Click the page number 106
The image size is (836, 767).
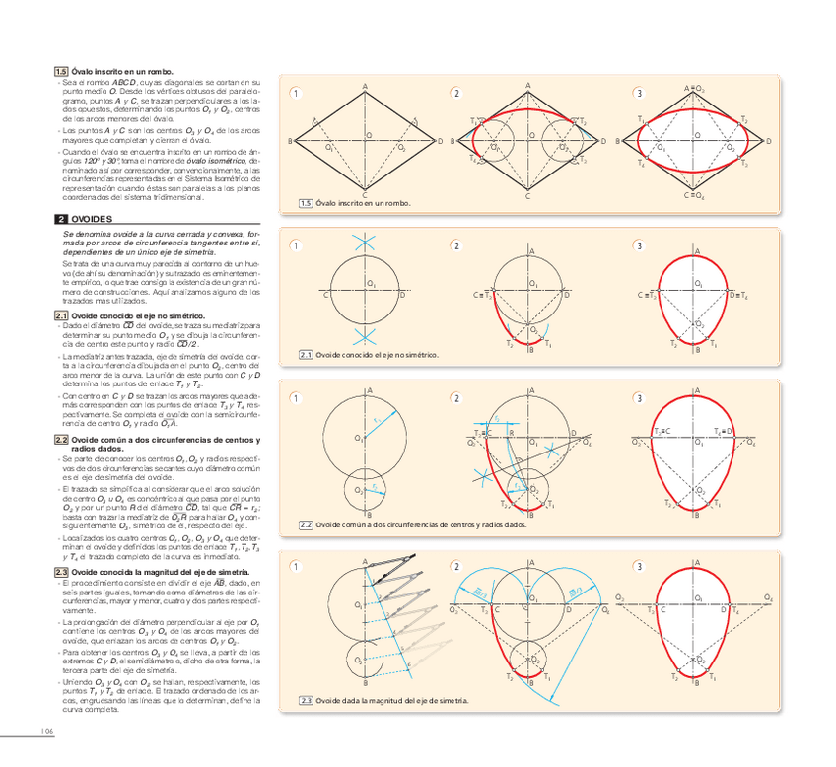[46, 731]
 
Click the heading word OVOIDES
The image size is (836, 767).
[92, 218]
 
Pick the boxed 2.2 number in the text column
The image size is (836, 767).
[60, 440]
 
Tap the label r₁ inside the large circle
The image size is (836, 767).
[376, 421]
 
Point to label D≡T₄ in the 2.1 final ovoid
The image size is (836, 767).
[738, 295]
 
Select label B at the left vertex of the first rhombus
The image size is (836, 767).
[291, 143]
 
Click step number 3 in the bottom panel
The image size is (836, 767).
[640, 566]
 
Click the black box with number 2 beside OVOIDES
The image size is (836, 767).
[60, 218]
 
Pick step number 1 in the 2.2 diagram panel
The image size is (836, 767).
[294, 398]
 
